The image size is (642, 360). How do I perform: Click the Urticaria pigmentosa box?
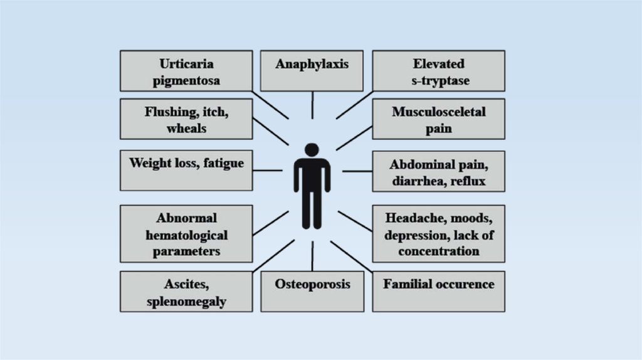tap(186, 71)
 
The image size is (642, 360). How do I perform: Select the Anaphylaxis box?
tap(312, 70)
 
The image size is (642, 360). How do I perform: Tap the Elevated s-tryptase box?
tap(438, 71)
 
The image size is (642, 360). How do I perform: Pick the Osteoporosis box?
tap(312, 291)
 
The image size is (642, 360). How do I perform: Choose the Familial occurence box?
tap(438, 291)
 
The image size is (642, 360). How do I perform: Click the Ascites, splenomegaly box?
tap(186, 292)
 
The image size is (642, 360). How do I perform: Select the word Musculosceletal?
tap(438, 112)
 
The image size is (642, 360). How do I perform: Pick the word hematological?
tap(186, 236)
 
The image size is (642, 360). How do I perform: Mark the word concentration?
tap(438, 251)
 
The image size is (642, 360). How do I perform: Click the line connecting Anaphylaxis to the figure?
tap(312, 105)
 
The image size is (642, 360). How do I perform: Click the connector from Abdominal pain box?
tap(357, 171)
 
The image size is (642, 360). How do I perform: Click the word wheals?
tap(186, 129)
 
